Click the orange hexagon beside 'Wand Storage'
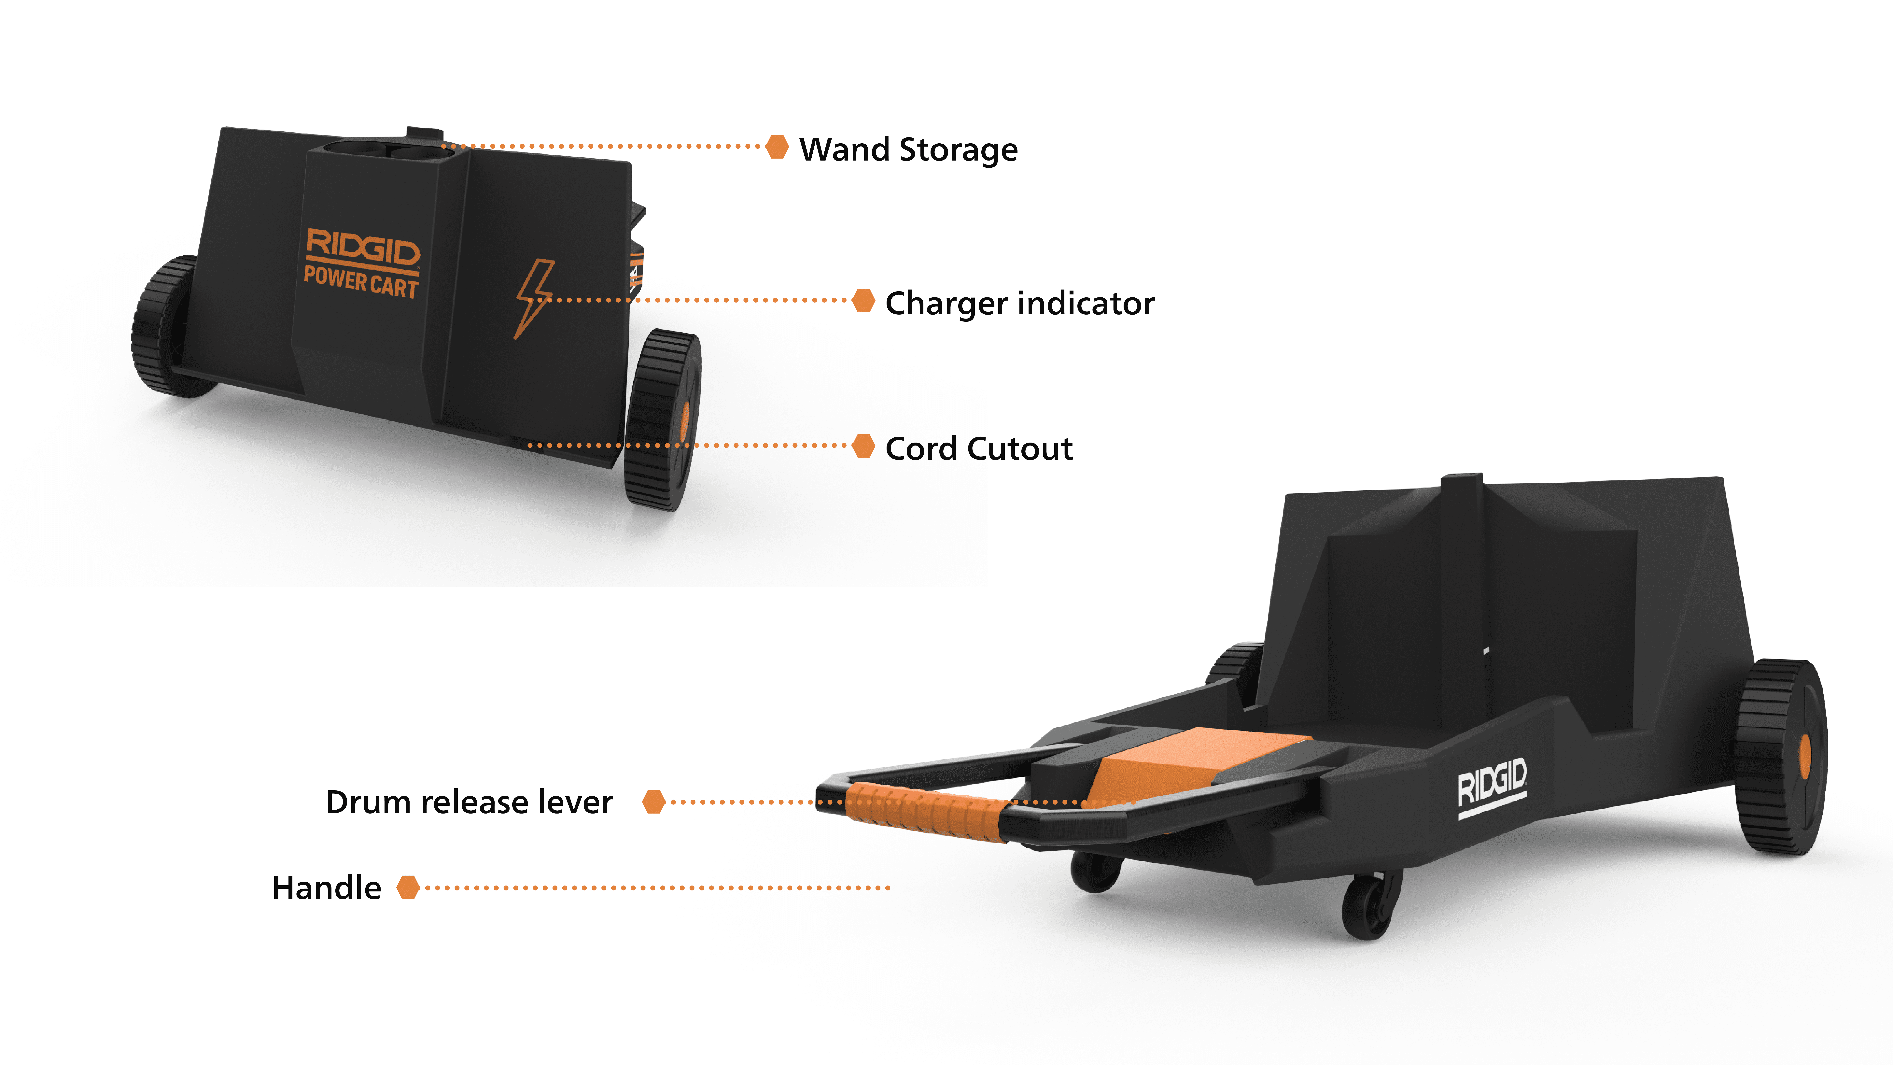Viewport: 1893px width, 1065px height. [x=777, y=146]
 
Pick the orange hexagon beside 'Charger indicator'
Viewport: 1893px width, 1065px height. [x=863, y=300]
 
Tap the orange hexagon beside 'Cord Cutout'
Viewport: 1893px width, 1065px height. [x=863, y=445]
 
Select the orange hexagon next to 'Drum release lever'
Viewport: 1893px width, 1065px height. [x=653, y=802]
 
